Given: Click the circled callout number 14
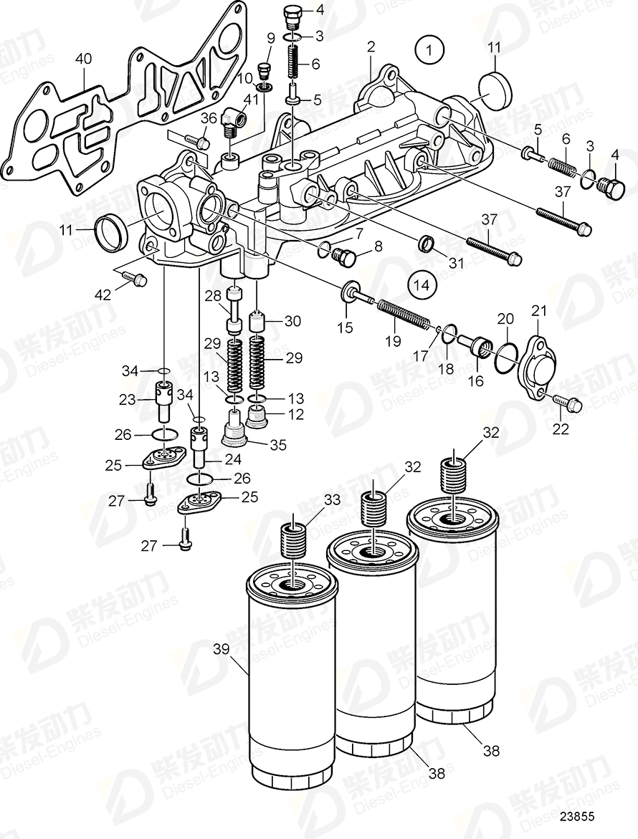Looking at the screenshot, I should (422, 284).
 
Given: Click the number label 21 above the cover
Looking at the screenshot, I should (538, 310).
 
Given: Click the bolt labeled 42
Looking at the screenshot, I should (136, 279).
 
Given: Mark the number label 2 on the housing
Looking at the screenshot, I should (371, 48).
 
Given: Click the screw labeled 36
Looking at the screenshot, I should (199, 143).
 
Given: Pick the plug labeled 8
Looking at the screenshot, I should (348, 255).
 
